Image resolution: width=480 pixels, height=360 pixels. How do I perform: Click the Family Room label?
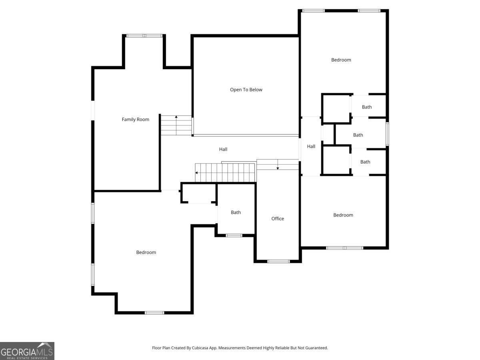[135, 119]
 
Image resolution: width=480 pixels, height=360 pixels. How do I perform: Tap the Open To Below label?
[246, 90]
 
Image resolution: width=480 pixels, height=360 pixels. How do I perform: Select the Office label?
[278, 218]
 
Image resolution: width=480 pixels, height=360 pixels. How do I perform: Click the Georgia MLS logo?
[27, 351]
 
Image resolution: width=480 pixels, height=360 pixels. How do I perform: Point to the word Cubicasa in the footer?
[200, 348]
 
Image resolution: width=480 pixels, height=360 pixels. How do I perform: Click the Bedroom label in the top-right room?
[341, 60]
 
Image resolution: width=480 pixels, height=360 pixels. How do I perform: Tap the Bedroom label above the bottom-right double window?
[343, 215]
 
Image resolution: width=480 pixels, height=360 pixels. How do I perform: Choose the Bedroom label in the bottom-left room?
[146, 252]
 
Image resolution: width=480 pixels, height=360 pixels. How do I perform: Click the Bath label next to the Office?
[236, 212]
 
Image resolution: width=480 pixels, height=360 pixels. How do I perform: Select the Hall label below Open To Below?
[223, 149]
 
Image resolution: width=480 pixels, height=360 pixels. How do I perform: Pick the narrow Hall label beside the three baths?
[311, 146]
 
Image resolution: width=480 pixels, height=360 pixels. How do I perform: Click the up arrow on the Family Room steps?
[176, 125]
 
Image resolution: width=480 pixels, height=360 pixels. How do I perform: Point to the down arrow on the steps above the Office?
[278, 164]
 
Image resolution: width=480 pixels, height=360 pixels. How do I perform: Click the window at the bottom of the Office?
[278, 261]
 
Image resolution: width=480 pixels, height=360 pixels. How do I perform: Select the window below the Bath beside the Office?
[234, 236]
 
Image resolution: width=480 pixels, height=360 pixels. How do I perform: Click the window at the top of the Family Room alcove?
[144, 36]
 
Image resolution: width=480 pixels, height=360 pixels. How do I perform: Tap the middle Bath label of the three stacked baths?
[358, 135]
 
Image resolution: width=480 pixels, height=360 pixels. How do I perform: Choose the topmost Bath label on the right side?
[367, 107]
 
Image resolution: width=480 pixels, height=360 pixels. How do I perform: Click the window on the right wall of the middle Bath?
[387, 134]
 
